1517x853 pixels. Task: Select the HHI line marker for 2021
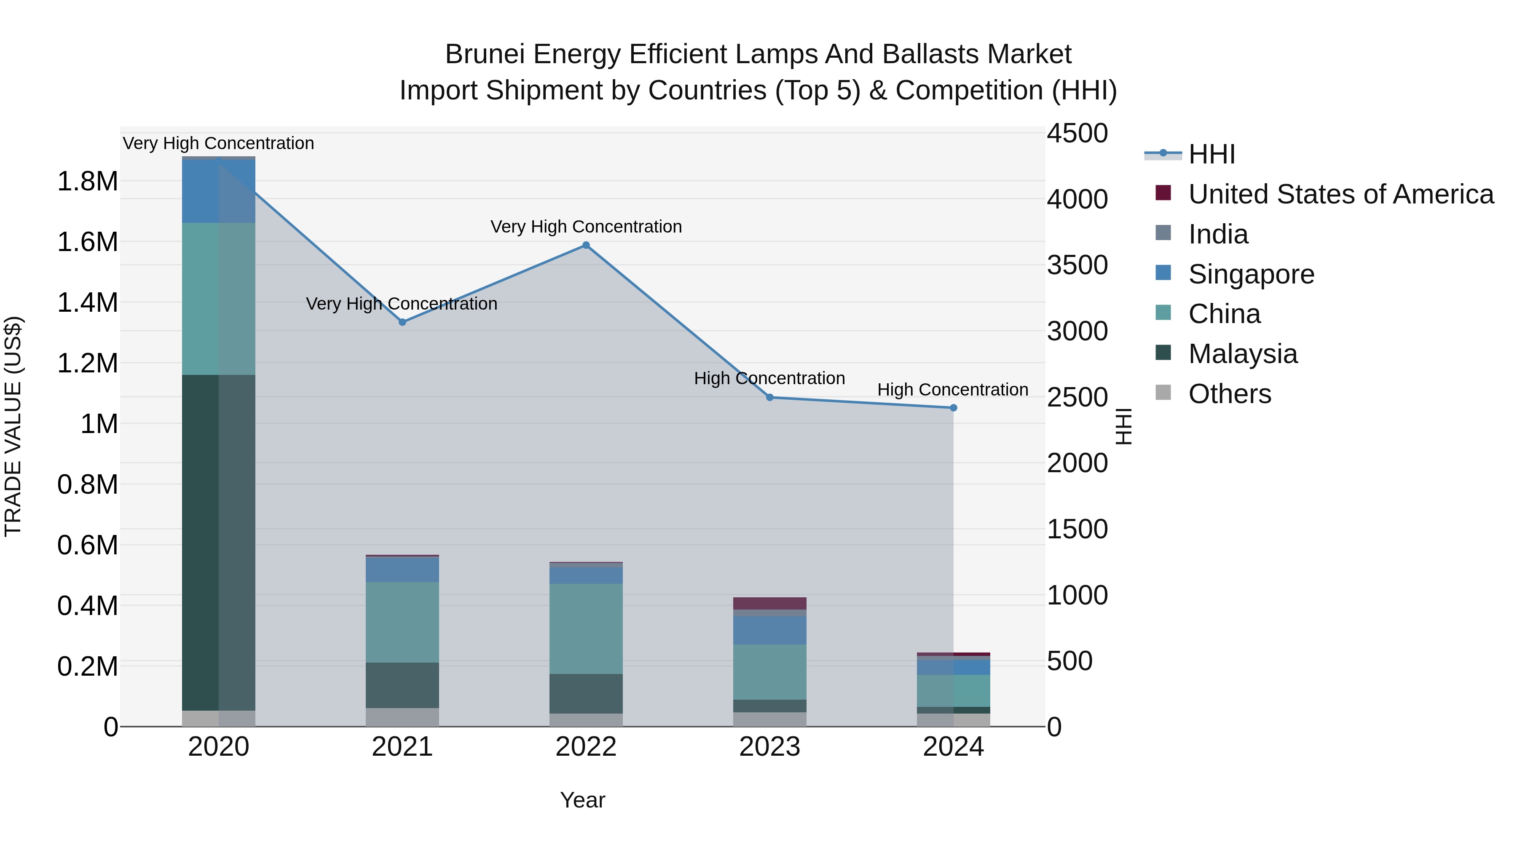point(402,322)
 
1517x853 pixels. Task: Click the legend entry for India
point(1218,234)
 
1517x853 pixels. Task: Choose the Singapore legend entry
point(1251,274)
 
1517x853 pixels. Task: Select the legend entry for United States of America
point(1340,194)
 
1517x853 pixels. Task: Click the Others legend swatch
point(1163,393)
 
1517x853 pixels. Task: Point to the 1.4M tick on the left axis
point(87,302)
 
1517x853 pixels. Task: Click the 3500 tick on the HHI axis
point(1077,265)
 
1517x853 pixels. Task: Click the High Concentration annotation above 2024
point(952,390)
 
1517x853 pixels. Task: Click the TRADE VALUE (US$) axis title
point(13,426)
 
